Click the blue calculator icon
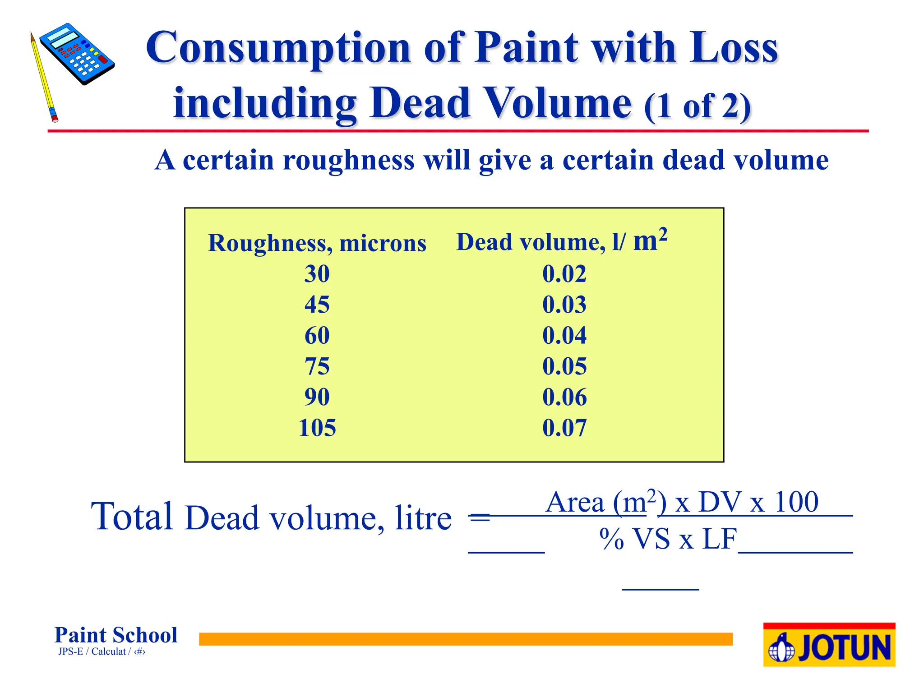[x=77, y=54]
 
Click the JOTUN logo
[x=829, y=645]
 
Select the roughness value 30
[x=317, y=274]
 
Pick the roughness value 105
[x=317, y=428]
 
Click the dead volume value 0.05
[x=564, y=366]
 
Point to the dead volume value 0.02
[x=564, y=274]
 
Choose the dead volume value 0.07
[x=564, y=428]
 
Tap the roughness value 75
[x=317, y=366]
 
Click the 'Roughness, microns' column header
[x=317, y=243]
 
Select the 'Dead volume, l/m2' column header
[x=562, y=241]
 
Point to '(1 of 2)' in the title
[x=697, y=106]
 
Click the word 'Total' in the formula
[x=132, y=516]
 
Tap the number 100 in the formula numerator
[x=796, y=502]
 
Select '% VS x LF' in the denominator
[x=668, y=539]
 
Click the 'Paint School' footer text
[x=116, y=635]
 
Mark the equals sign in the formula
[x=479, y=516]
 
